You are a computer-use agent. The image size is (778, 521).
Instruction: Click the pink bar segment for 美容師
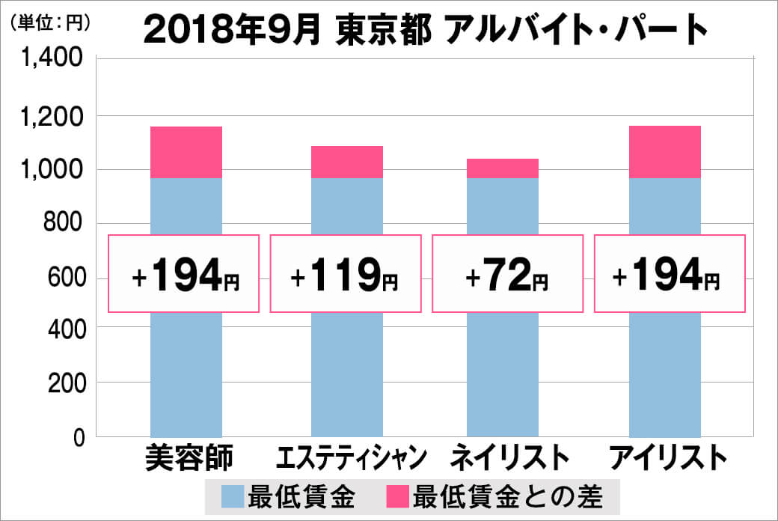(x=186, y=152)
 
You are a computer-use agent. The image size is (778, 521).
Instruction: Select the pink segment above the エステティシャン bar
(x=347, y=162)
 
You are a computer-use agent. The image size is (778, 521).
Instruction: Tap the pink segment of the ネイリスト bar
(x=502, y=168)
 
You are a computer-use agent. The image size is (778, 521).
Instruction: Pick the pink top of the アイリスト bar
(x=665, y=152)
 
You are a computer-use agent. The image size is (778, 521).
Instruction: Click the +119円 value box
(x=345, y=274)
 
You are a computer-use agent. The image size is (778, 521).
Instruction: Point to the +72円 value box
(x=507, y=274)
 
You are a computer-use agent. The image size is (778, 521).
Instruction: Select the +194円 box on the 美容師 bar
(x=184, y=274)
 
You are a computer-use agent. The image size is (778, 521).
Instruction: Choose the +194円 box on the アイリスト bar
(x=670, y=274)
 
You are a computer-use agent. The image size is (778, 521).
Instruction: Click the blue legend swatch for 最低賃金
(x=234, y=496)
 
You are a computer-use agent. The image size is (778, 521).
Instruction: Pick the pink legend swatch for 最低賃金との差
(x=399, y=496)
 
